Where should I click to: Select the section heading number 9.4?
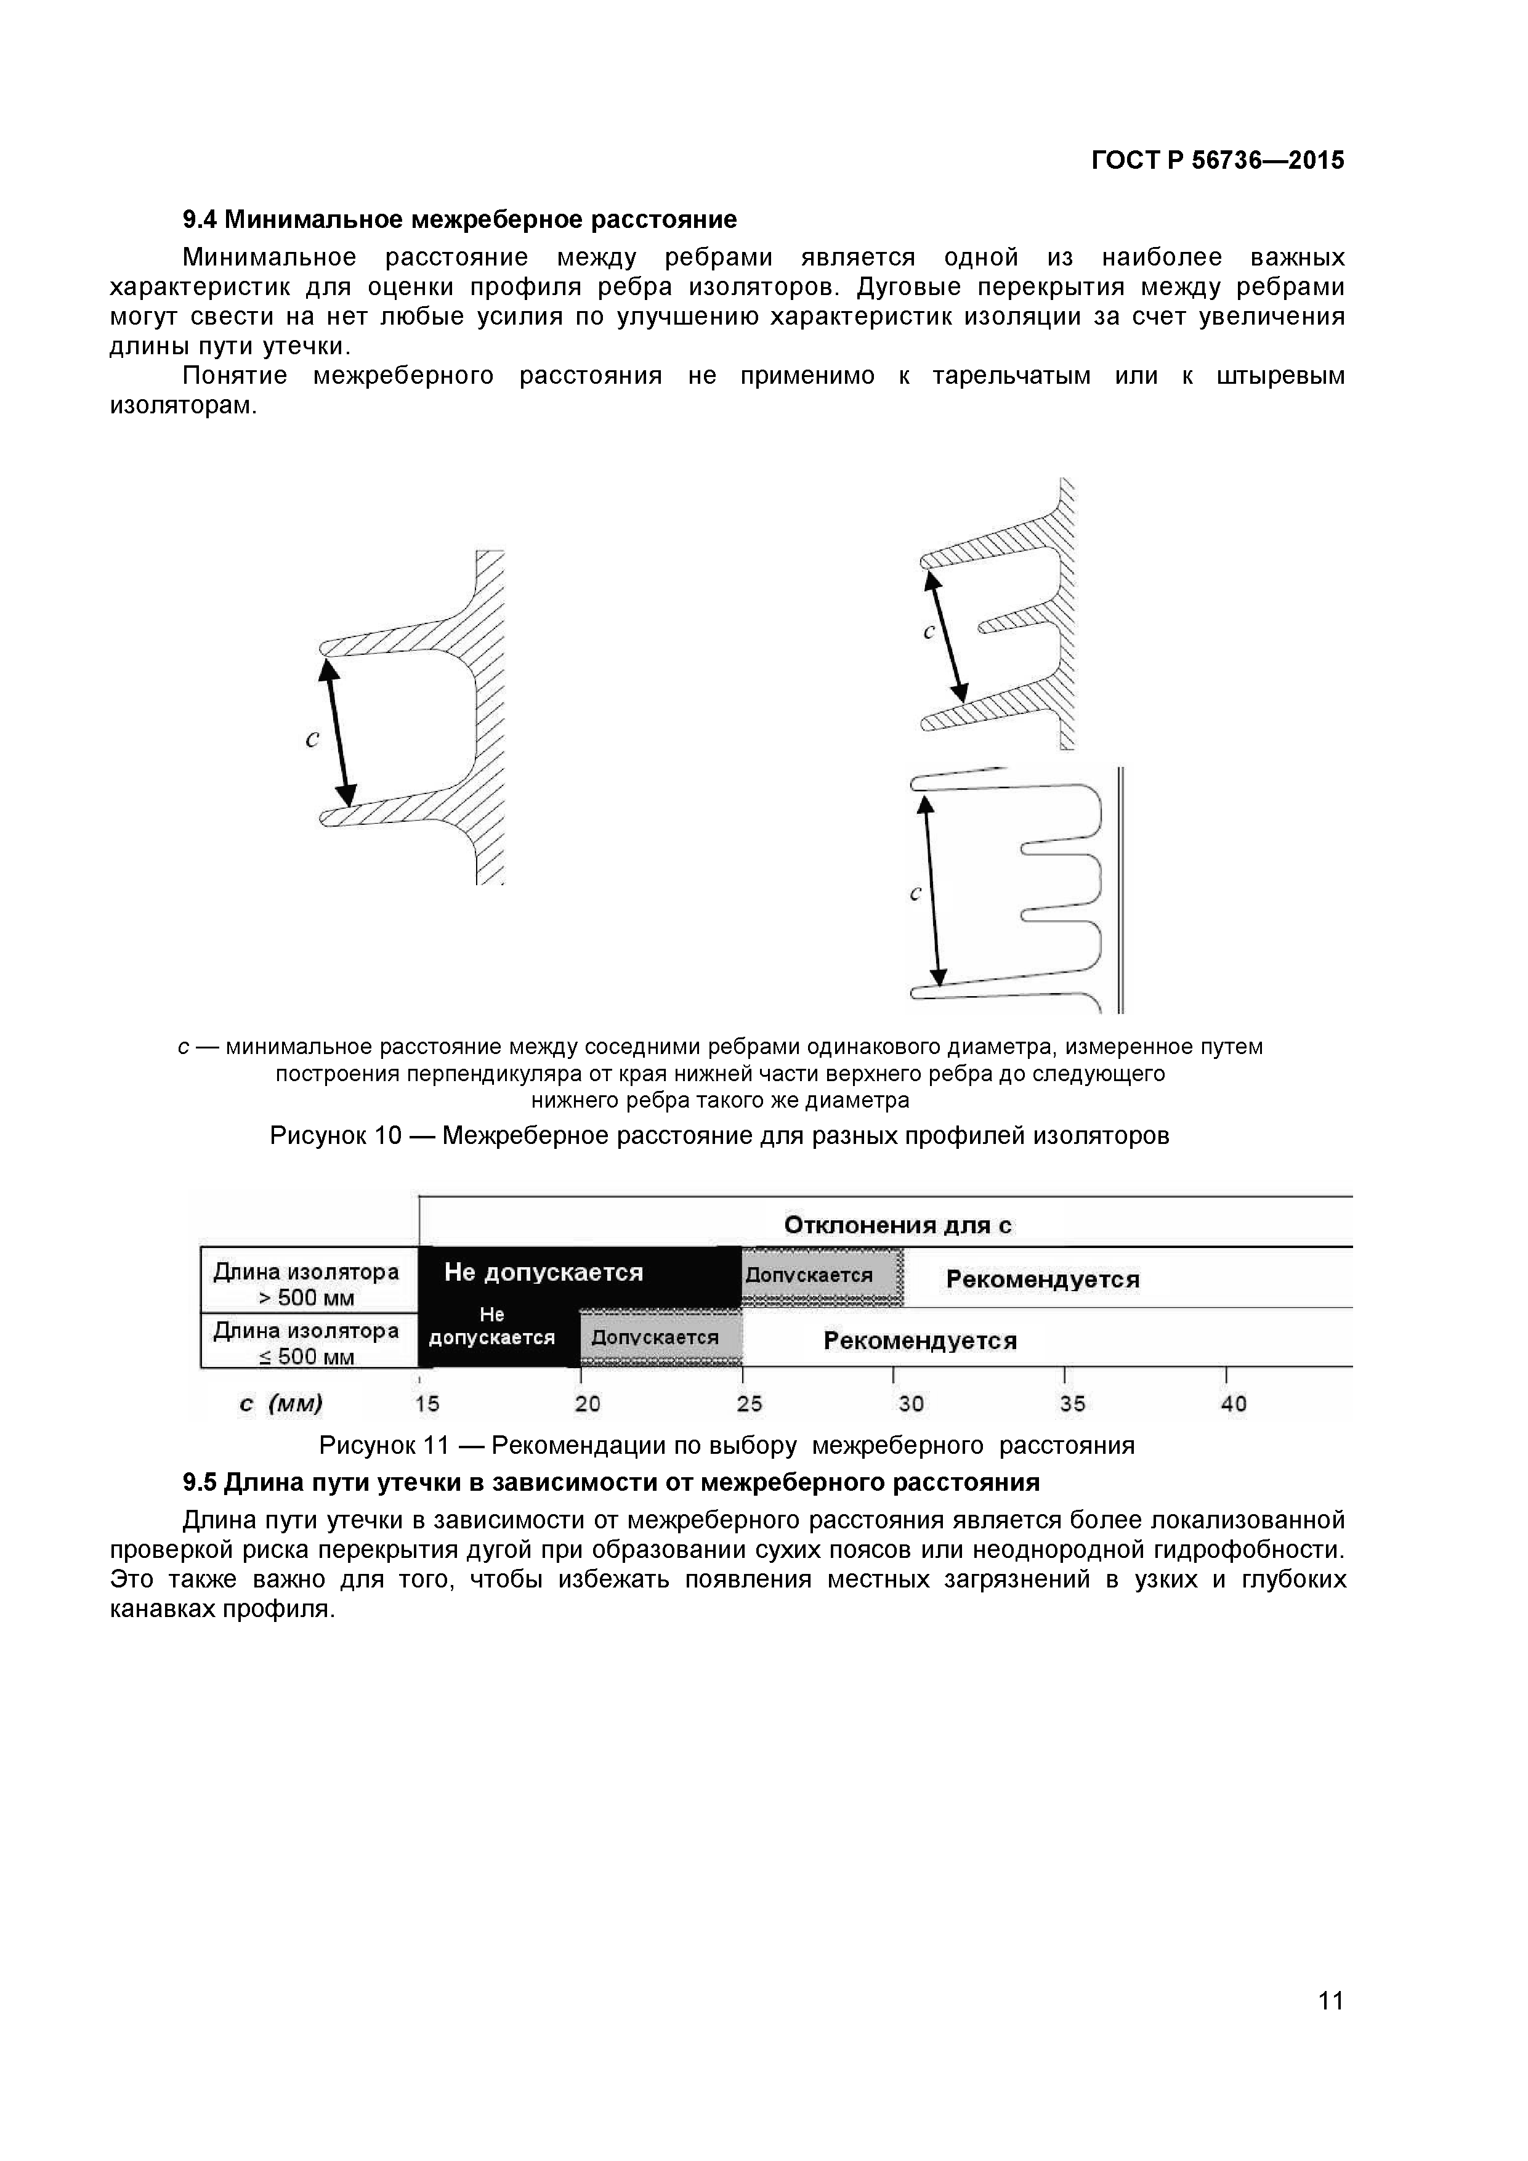click(200, 221)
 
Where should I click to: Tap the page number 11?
click(1330, 2027)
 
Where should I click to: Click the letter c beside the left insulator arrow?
click(312, 740)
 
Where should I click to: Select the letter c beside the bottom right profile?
click(915, 894)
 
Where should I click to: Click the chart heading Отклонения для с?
click(897, 1225)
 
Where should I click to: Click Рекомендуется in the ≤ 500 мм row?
click(920, 1340)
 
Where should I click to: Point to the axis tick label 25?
click(749, 1405)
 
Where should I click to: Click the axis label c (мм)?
click(280, 1405)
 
